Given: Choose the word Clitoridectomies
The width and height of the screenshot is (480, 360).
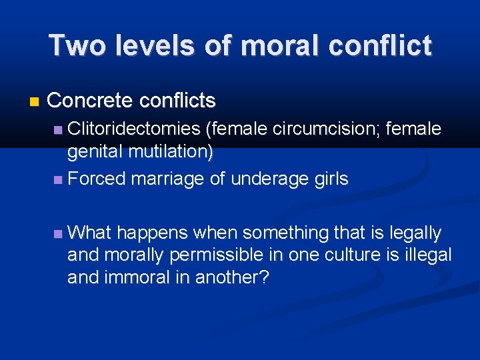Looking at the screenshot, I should (x=133, y=129).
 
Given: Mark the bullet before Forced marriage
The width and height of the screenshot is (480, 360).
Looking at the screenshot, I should (x=59, y=179).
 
